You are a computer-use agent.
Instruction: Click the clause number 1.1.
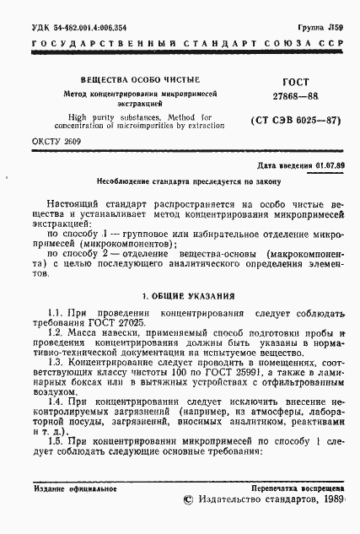(x=55, y=314)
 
